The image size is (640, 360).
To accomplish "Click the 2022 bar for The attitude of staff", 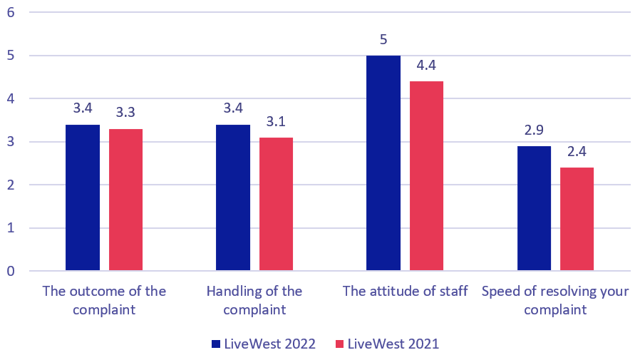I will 383,163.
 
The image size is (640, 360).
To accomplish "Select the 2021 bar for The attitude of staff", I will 426,176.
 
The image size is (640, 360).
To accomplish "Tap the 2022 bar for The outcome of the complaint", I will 83,197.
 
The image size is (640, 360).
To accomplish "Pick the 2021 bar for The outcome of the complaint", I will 125,200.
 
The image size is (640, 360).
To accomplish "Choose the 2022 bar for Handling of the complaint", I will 233,197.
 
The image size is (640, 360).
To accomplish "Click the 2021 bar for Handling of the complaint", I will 276,204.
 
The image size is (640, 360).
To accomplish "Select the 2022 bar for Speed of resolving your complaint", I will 534,208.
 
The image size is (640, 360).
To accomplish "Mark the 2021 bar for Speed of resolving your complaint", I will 577,219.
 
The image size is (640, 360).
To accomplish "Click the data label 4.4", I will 426,66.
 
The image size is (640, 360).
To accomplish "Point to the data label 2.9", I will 534,130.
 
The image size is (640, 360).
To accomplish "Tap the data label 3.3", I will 125,113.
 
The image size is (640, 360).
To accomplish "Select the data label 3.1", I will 276,122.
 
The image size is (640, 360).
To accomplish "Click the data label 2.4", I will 577,152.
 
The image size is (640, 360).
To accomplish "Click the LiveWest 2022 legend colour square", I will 216,344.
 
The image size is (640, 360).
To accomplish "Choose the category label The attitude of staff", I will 405,292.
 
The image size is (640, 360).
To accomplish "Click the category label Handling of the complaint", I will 254,300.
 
